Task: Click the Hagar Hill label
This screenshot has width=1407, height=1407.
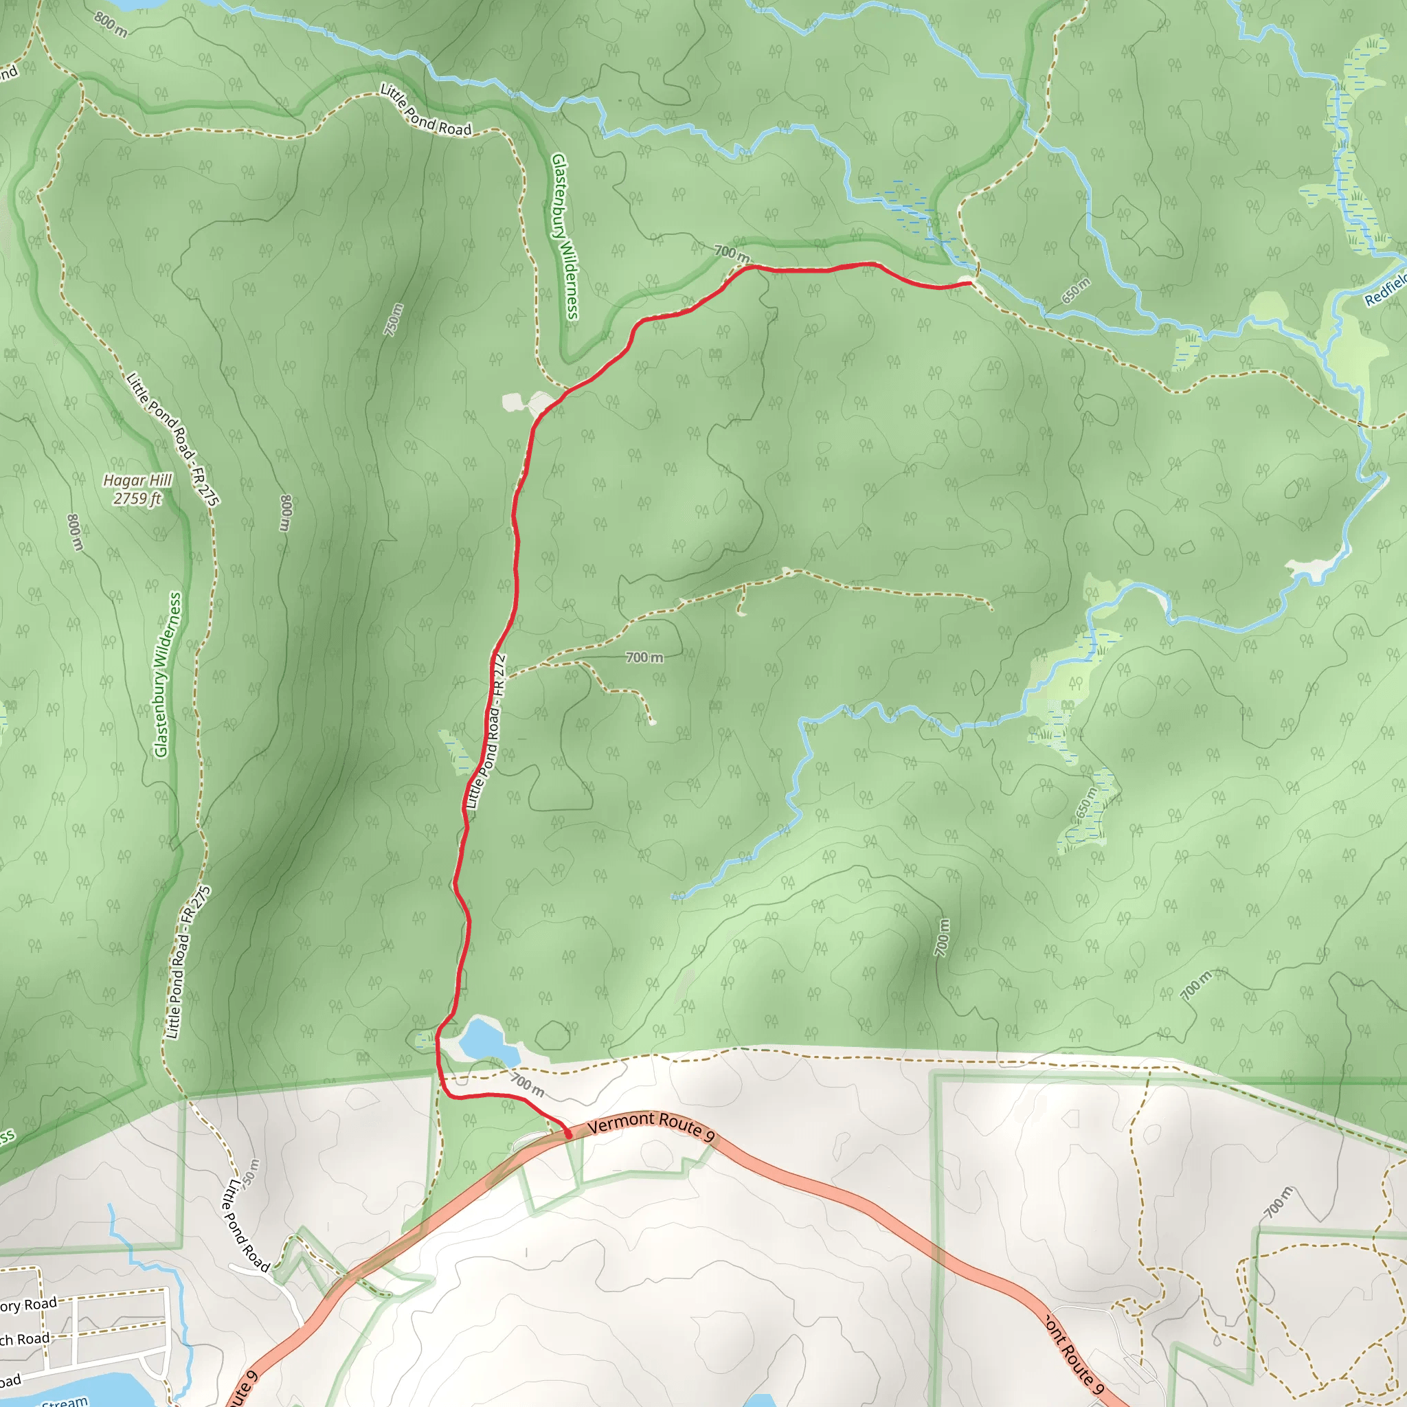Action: [x=137, y=481]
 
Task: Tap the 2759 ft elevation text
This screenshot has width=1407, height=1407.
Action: [x=137, y=499]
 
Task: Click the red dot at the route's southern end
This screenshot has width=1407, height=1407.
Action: [x=568, y=1133]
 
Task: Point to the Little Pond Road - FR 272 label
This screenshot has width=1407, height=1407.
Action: [x=485, y=731]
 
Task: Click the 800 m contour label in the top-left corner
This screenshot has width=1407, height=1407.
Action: [x=111, y=24]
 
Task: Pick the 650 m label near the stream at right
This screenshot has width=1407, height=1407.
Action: [x=1076, y=291]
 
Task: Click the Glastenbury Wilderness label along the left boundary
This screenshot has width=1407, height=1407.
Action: [x=168, y=675]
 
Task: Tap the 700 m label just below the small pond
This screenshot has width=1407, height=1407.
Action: [x=527, y=1084]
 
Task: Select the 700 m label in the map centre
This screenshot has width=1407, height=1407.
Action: [x=644, y=657]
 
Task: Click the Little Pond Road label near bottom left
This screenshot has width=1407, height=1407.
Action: [x=245, y=1225]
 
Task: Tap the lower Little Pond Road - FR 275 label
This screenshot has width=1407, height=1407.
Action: [x=188, y=962]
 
